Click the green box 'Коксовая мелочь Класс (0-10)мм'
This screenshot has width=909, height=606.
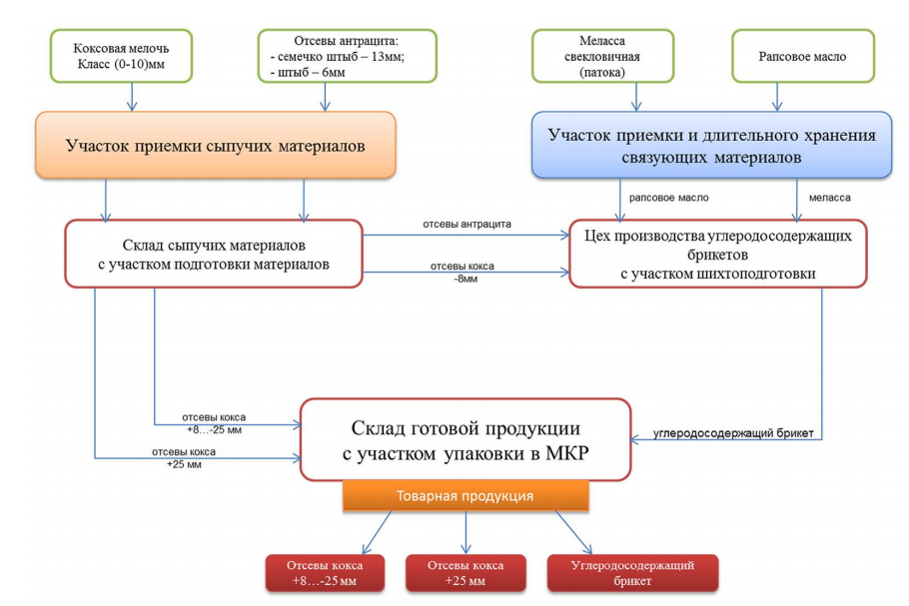point(131,55)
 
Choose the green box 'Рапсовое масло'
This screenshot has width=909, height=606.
point(803,55)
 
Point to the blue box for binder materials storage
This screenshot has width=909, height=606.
point(711,146)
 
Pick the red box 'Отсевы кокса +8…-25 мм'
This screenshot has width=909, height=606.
point(326,573)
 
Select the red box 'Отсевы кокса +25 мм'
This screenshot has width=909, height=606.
point(465,573)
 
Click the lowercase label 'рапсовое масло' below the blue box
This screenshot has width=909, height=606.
point(669,198)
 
